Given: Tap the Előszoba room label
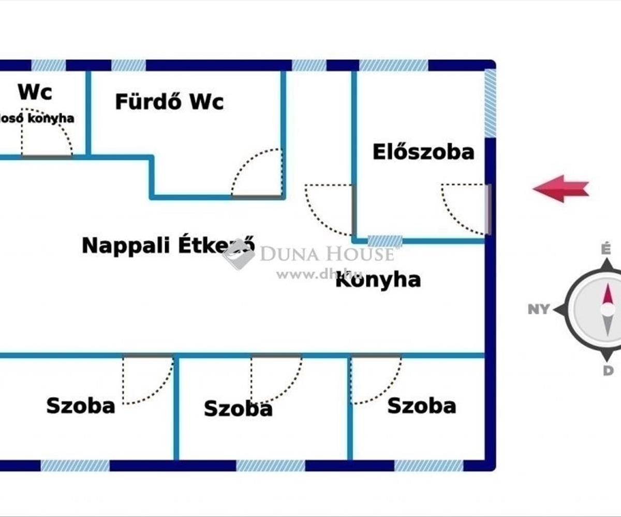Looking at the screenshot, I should point(423,152).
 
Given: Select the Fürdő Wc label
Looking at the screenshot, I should point(169,102).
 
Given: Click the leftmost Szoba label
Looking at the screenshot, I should point(81,406).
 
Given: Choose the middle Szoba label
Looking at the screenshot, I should point(238,408).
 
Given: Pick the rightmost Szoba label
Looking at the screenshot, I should point(421,406).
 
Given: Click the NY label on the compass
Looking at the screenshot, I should point(538,310).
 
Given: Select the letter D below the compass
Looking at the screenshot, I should point(608,370).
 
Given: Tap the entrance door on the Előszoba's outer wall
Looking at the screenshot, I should point(487,209).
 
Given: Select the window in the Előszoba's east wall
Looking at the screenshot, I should point(490,103).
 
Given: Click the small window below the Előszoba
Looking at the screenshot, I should point(385,240).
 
